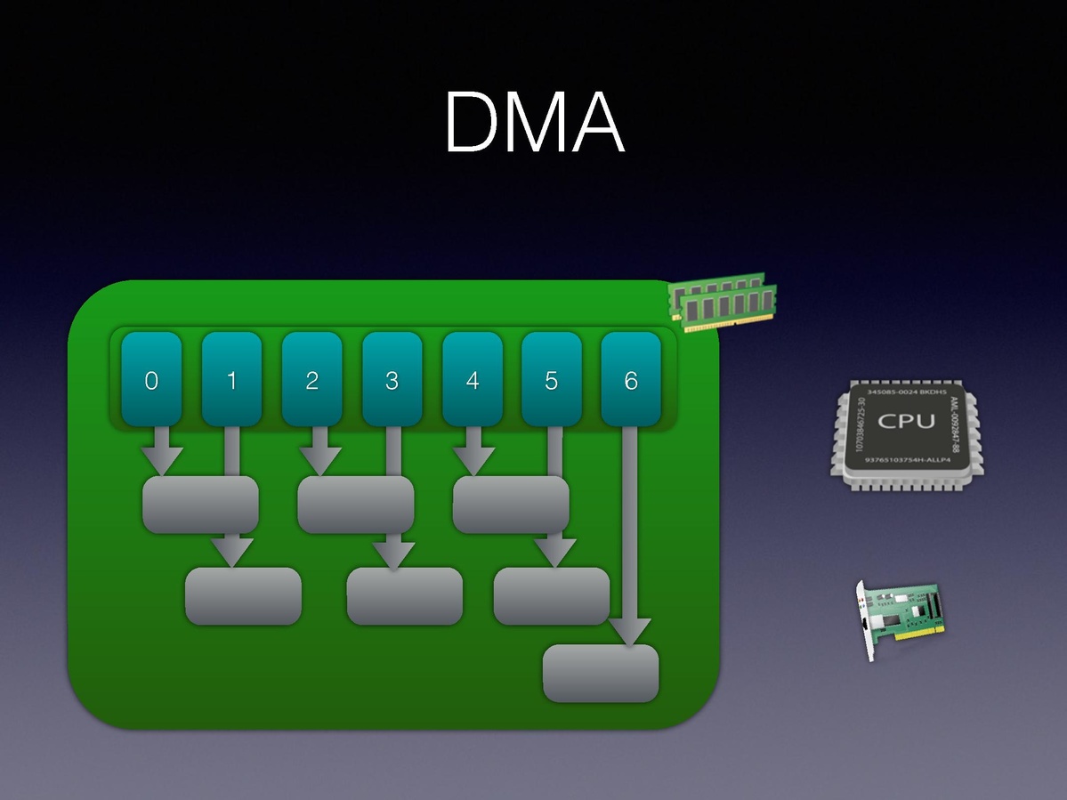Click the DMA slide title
[x=534, y=123]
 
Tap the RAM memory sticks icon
[x=723, y=302]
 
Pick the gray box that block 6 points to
[x=601, y=674]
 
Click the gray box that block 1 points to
[x=243, y=595]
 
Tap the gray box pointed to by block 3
[x=405, y=595]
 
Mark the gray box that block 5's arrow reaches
[x=552, y=595]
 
